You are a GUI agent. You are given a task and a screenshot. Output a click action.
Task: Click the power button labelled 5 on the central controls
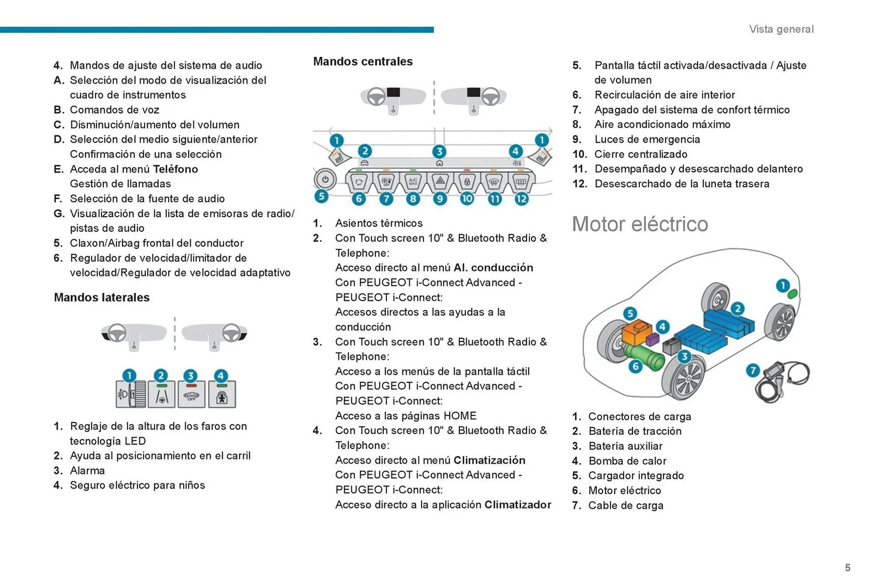coord(325,179)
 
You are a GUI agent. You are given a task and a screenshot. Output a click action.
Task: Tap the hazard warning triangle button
coord(440,181)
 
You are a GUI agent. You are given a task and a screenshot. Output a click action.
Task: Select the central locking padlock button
coord(467,182)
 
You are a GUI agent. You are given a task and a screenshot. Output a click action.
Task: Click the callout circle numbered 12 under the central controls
coord(521,199)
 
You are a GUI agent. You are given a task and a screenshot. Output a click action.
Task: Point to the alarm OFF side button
coord(191,395)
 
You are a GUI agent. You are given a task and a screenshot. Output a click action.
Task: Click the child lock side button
coord(222,395)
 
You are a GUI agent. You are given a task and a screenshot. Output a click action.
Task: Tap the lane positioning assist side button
coord(161,395)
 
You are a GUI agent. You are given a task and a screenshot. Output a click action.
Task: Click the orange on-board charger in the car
coord(636,334)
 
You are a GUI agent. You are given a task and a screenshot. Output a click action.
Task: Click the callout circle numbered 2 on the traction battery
coord(738,308)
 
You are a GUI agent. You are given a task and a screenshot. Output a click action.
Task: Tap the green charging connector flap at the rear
coord(792,294)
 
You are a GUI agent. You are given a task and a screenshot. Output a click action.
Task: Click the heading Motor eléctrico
coord(640,224)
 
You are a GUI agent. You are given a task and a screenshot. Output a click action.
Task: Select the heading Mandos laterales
coord(102,297)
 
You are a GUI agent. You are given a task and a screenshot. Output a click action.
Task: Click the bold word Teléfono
coord(175,169)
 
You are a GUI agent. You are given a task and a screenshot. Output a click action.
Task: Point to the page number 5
coord(848,568)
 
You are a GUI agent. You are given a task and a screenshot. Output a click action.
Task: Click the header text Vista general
coord(781,29)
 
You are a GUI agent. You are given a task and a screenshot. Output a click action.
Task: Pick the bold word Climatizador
coord(518,505)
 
